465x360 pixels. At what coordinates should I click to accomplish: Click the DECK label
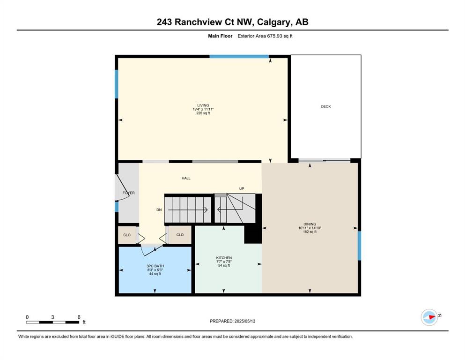pyautogui.click(x=325, y=106)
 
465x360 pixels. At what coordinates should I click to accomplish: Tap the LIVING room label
pyautogui.click(x=203, y=105)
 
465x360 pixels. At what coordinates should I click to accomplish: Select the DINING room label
pyautogui.click(x=310, y=224)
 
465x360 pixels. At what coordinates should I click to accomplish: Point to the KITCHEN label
pyautogui.click(x=224, y=258)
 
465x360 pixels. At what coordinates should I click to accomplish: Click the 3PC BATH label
pyautogui.click(x=155, y=266)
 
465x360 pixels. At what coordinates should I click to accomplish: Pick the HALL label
pyautogui.click(x=186, y=178)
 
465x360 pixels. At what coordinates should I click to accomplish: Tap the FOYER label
pyautogui.click(x=129, y=193)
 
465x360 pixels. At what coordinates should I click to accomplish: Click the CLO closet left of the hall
pyautogui.click(x=127, y=235)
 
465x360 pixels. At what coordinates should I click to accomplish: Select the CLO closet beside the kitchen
pyautogui.click(x=180, y=235)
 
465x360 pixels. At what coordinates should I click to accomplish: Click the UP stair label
pyautogui.click(x=242, y=189)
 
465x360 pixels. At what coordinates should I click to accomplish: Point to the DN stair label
pyautogui.click(x=159, y=210)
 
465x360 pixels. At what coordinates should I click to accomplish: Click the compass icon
pyautogui.click(x=429, y=317)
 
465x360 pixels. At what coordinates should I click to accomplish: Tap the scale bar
pyautogui.click(x=53, y=322)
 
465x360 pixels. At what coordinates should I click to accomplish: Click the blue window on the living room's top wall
pyautogui.click(x=239, y=56)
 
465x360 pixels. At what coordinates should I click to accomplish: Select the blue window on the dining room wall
pyautogui.click(x=359, y=246)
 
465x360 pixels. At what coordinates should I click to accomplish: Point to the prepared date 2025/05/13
pyautogui.click(x=244, y=321)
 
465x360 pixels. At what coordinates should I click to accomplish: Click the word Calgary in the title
pyautogui.click(x=274, y=22)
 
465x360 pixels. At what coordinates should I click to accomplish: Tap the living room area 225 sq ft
pyautogui.click(x=203, y=113)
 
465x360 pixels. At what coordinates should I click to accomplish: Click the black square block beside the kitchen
pyautogui.click(x=253, y=234)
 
